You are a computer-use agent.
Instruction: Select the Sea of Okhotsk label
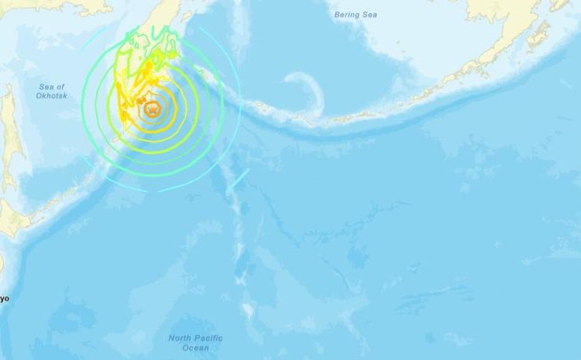[x=51, y=91]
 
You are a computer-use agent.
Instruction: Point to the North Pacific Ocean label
[x=195, y=343]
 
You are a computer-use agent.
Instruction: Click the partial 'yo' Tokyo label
[x=4, y=297]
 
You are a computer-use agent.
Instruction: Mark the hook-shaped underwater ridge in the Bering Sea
[x=314, y=91]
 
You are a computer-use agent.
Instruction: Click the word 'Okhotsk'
[x=51, y=96]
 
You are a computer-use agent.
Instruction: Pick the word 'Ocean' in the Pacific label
[x=195, y=348]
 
